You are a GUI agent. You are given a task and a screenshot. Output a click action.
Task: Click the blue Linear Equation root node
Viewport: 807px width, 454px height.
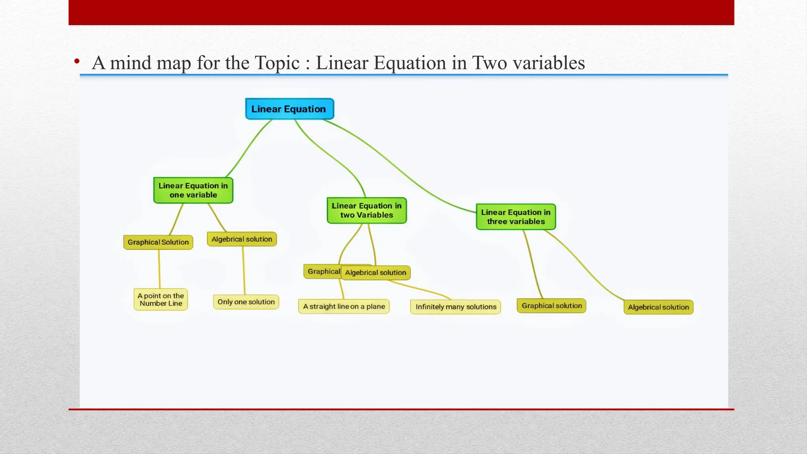(x=289, y=109)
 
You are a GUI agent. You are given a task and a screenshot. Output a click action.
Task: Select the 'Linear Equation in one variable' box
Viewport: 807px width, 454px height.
(x=193, y=190)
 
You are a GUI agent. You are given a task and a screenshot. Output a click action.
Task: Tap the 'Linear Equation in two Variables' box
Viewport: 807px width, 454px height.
(x=366, y=210)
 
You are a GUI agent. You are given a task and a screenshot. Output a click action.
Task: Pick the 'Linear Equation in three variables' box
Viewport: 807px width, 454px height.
(x=516, y=217)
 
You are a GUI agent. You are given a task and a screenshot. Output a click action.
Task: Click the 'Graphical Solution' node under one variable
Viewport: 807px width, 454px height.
(x=158, y=242)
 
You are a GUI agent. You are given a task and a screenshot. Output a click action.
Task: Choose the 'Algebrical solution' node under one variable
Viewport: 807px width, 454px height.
(x=242, y=239)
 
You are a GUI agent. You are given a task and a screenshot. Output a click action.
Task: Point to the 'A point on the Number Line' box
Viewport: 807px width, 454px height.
(x=161, y=300)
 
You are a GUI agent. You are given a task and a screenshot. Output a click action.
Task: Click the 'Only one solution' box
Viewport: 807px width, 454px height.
(x=246, y=302)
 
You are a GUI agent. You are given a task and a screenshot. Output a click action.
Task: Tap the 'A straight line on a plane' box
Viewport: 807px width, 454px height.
(x=344, y=307)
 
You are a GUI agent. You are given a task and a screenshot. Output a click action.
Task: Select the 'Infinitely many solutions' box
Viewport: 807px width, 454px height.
(x=456, y=307)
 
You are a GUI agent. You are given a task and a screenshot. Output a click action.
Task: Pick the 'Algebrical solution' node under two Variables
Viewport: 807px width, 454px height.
(x=376, y=273)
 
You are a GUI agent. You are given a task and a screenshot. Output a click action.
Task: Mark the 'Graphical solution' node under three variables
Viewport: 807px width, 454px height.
(x=551, y=306)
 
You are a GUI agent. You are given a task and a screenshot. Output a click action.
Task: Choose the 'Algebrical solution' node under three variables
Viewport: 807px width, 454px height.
(x=658, y=307)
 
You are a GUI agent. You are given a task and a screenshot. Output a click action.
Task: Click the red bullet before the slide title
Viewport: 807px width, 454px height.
(x=77, y=61)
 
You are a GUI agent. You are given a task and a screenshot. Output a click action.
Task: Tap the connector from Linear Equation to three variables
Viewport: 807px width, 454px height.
(x=398, y=166)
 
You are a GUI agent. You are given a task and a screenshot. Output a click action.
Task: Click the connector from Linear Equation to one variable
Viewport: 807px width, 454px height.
(x=248, y=148)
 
